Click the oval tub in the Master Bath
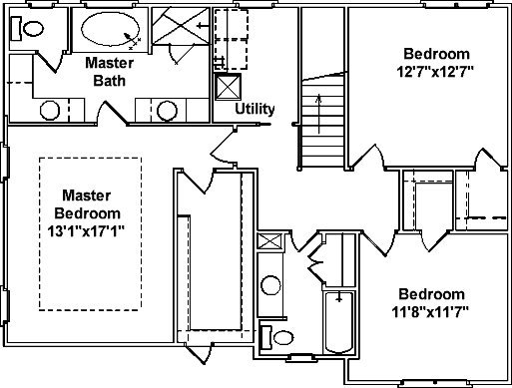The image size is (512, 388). [110, 29]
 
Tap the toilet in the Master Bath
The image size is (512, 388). [28, 29]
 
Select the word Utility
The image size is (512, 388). [255, 109]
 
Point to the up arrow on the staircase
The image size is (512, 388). [318, 114]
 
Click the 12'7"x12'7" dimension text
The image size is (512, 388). [436, 72]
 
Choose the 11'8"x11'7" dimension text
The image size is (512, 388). [431, 312]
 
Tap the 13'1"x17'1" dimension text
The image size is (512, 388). [86, 231]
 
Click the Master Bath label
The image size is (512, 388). [110, 72]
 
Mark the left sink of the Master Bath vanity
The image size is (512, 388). [50, 110]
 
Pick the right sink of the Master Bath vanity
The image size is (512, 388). [167, 111]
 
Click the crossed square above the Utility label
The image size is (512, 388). [228, 87]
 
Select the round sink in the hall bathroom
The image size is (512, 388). [270, 286]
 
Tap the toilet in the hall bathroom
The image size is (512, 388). [276, 338]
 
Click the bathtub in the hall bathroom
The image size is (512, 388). [339, 322]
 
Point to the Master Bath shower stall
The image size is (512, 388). [181, 26]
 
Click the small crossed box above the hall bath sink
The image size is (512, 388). [269, 241]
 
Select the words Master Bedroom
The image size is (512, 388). [87, 204]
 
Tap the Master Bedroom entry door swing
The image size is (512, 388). [224, 147]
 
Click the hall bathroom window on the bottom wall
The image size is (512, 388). [301, 358]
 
